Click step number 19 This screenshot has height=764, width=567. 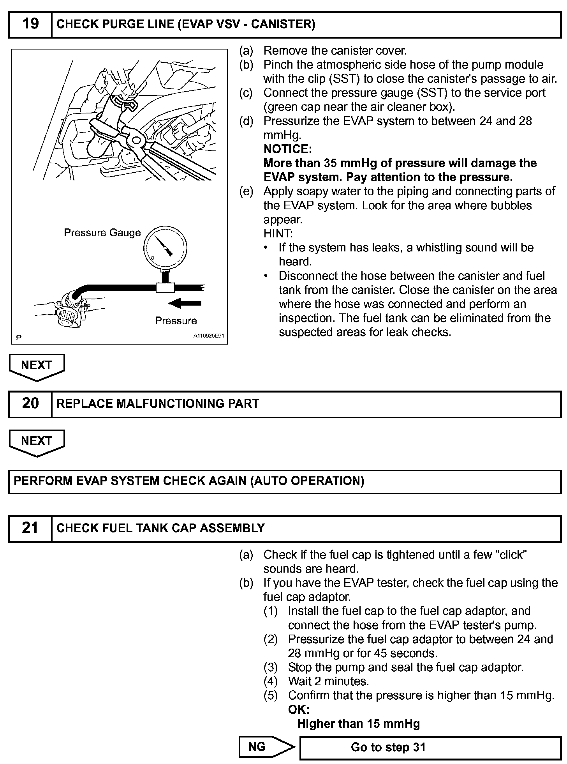pyautogui.click(x=30, y=24)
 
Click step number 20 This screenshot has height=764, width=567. pyautogui.click(x=30, y=403)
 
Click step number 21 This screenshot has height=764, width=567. pyautogui.click(x=30, y=528)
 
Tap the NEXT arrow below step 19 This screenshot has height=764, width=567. pyautogui.click(x=37, y=366)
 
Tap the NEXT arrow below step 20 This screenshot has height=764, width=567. pyautogui.click(x=37, y=442)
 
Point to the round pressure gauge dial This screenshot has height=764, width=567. pyautogui.click(x=165, y=248)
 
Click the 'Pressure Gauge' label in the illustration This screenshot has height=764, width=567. pyautogui.click(x=102, y=233)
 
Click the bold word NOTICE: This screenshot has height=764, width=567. pyautogui.click(x=287, y=149)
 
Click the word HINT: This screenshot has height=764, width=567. pyautogui.click(x=278, y=233)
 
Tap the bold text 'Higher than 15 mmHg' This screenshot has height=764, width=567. pyautogui.click(x=358, y=724)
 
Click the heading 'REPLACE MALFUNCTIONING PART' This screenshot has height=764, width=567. pyautogui.click(x=158, y=403)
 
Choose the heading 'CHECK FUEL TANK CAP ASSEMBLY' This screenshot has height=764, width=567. pyautogui.click(x=160, y=528)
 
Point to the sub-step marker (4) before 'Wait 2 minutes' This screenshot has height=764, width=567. pyautogui.click(x=271, y=681)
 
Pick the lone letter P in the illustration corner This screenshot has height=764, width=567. pyautogui.click(x=19, y=337)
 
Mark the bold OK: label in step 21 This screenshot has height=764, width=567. pyautogui.click(x=299, y=709)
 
